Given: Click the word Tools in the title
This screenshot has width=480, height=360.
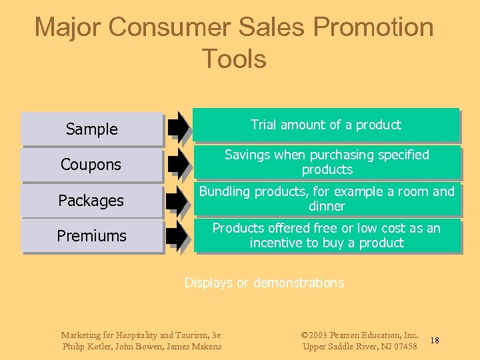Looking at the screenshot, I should pyautogui.click(x=233, y=59).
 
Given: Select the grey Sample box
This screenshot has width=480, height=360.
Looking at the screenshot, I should pyautogui.click(x=92, y=129).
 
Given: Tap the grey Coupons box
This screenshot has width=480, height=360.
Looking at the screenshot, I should pyautogui.click(x=92, y=165).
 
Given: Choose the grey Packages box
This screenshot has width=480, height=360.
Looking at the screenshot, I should pyautogui.click(x=92, y=201).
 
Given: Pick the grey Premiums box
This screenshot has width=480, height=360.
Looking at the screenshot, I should pyautogui.click(x=92, y=236).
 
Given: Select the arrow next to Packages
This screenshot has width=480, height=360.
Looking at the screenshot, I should pyautogui.click(x=178, y=199).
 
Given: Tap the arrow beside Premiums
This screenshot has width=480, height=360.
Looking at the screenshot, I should pyautogui.click(x=178, y=235).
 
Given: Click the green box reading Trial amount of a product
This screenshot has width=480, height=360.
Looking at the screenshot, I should pyautogui.click(x=326, y=125).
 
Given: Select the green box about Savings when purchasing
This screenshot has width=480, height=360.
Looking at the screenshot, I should pyautogui.click(x=327, y=162).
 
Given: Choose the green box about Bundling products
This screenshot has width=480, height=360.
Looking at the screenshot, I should pyautogui.click(x=327, y=199).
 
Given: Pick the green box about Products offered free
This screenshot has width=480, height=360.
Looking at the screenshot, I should pyautogui.click(x=327, y=235).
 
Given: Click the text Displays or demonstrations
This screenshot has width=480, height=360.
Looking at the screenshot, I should pyautogui.click(x=264, y=283).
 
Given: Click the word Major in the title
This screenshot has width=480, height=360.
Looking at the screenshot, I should pyautogui.click(x=67, y=27).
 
